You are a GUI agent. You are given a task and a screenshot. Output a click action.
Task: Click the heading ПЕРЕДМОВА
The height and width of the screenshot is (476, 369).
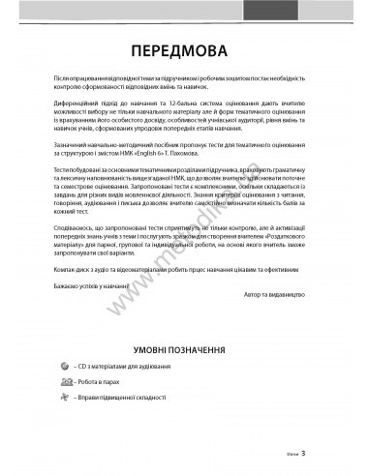click(x=184, y=49)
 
